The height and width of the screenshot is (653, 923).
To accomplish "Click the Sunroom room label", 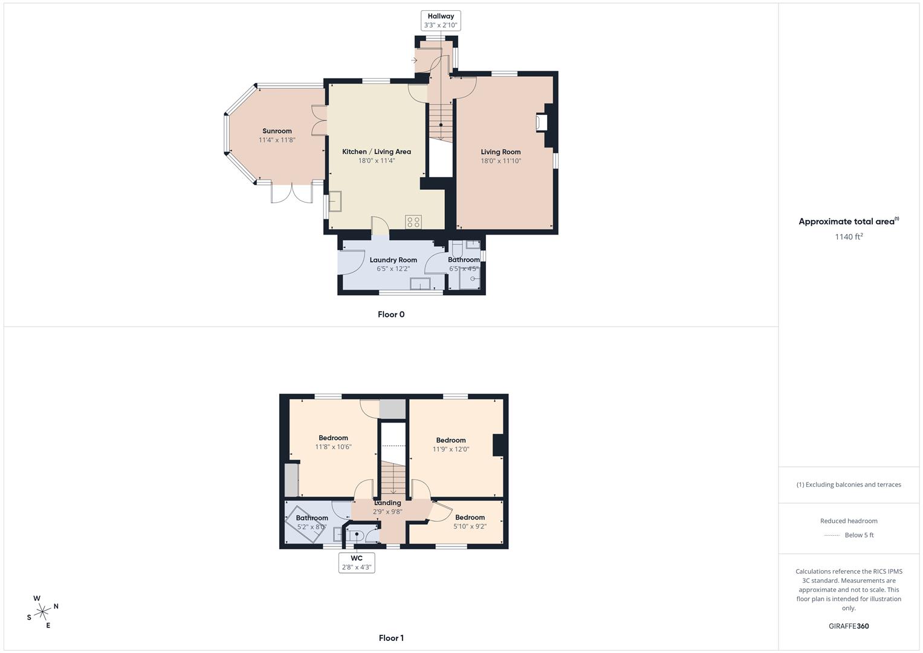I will pyautogui.click(x=277, y=131).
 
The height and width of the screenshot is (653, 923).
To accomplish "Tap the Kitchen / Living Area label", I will pyautogui.click(x=376, y=152).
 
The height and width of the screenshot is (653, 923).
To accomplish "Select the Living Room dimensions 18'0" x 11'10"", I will pyautogui.click(x=500, y=161).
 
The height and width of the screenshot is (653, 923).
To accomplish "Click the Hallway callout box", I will pyautogui.click(x=440, y=21).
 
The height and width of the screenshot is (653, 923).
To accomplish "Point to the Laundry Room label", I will pyautogui.click(x=393, y=260).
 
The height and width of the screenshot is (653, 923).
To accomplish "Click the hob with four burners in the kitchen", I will pyautogui.click(x=413, y=222).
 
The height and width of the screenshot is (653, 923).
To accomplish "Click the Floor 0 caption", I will pyautogui.click(x=391, y=314).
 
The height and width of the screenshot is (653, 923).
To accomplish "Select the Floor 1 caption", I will pyautogui.click(x=391, y=638).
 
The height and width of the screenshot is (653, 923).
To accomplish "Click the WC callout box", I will pyautogui.click(x=357, y=562).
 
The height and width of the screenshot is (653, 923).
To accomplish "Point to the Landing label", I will pyautogui.click(x=387, y=503).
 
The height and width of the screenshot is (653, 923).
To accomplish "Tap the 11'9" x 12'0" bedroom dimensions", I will pyautogui.click(x=450, y=449).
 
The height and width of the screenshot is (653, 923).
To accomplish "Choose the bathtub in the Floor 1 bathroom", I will pyautogui.click(x=306, y=519).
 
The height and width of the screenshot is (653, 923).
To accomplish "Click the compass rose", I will pyautogui.click(x=42, y=612).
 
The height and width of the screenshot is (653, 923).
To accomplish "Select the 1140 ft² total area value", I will pyautogui.click(x=849, y=237).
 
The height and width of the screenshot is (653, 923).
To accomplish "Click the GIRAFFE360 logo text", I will pyautogui.click(x=848, y=626).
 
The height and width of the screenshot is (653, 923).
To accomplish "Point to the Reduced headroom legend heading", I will pyautogui.click(x=849, y=521).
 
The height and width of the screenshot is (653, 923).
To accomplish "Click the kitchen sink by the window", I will pyautogui.click(x=334, y=201).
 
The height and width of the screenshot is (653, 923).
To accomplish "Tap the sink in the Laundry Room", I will pyautogui.click(x=420, y=284).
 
